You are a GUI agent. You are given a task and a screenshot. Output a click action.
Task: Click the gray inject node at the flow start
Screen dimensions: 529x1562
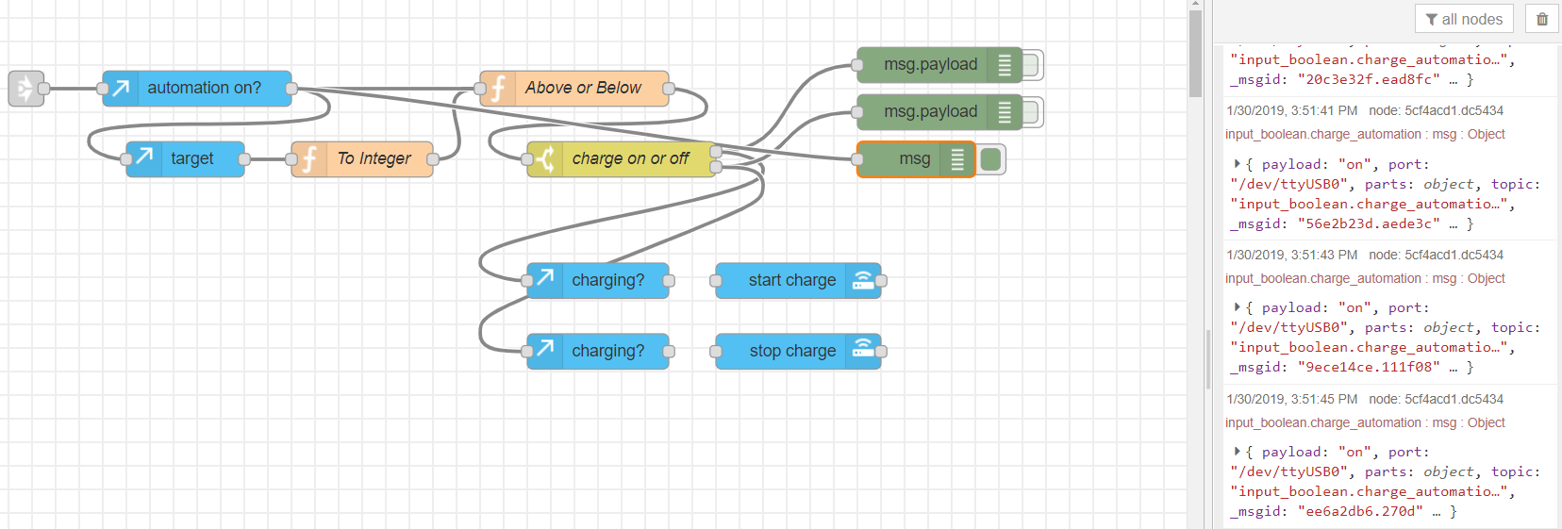click(26, 89)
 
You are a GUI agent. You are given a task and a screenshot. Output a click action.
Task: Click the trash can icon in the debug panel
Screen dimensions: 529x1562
click(1542, 19)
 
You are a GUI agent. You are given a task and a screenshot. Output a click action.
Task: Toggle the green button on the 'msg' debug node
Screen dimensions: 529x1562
click(990, 158)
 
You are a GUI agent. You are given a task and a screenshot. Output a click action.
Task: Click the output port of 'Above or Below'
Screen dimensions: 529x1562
click(669, 89)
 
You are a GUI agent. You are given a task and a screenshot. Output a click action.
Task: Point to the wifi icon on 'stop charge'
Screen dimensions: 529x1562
click(863, 350)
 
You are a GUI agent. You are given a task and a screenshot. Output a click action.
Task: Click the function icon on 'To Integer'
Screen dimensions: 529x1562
click(308, 158)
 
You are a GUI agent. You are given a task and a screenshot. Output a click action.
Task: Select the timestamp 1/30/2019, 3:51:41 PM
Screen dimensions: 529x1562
click(1291, 111)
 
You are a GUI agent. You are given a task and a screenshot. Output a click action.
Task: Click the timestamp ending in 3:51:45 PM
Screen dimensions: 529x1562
click(1291, 400)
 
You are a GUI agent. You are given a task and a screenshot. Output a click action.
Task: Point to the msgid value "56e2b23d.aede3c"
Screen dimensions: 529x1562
click(1369, 223)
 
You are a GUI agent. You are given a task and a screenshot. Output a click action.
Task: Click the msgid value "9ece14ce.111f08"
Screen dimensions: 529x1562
click(1369, 368)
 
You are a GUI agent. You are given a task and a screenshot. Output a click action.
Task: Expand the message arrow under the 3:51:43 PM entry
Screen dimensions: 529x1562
click(1237, 307)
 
